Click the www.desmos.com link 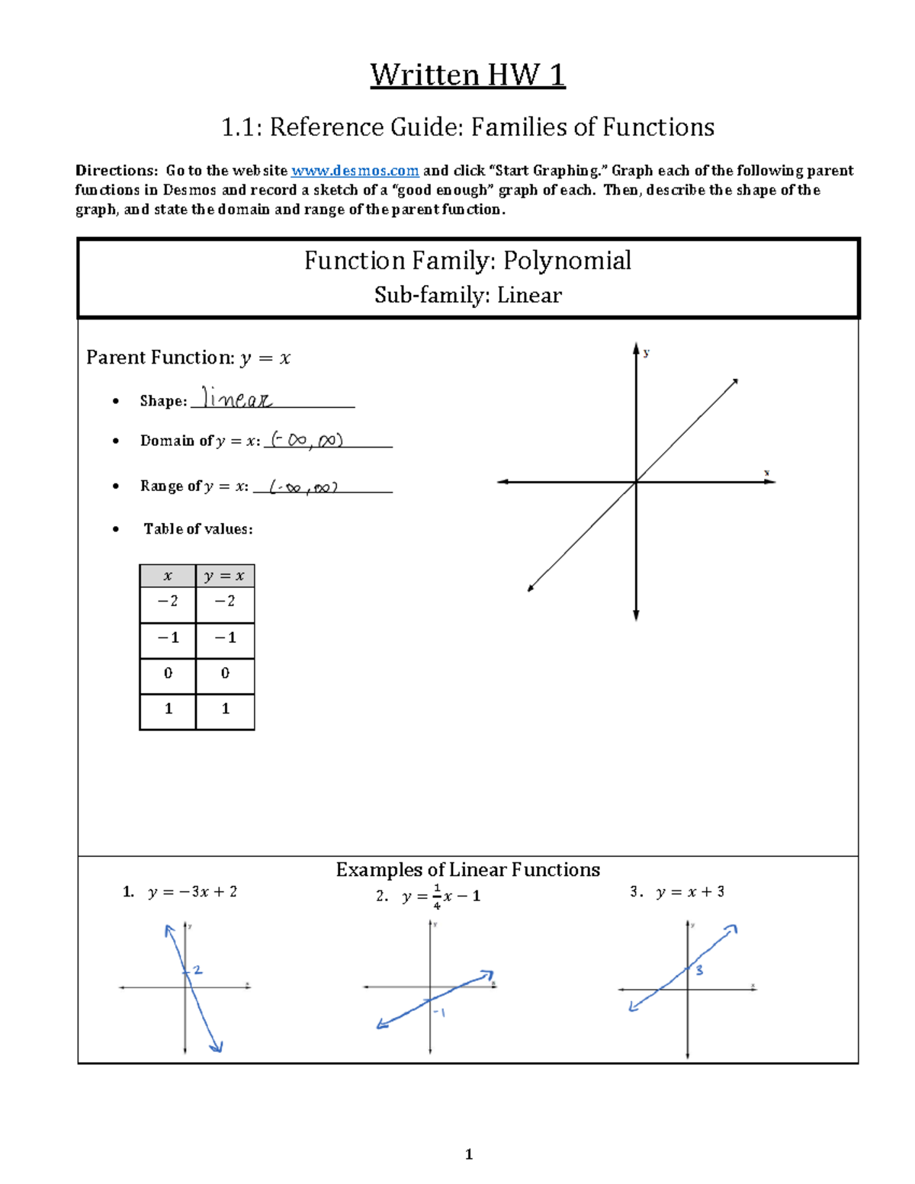[355, 171]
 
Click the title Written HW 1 [467, 75]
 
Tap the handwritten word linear [236, 398]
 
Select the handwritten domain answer [307, 440]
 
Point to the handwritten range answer [303, 487]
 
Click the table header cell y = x [224, 576]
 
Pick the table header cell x [168, 576]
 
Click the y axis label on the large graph [646, 352]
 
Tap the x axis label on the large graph [766, 473]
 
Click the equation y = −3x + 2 [192, 891]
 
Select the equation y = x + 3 [689, 891]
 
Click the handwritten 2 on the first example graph [197, 970]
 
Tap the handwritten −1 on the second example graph [439, 1012]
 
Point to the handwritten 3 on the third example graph [698, 970]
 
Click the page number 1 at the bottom [468, 1154]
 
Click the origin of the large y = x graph [636, 482]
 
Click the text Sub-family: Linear [467, 295]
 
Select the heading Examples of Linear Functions [467, 870]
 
